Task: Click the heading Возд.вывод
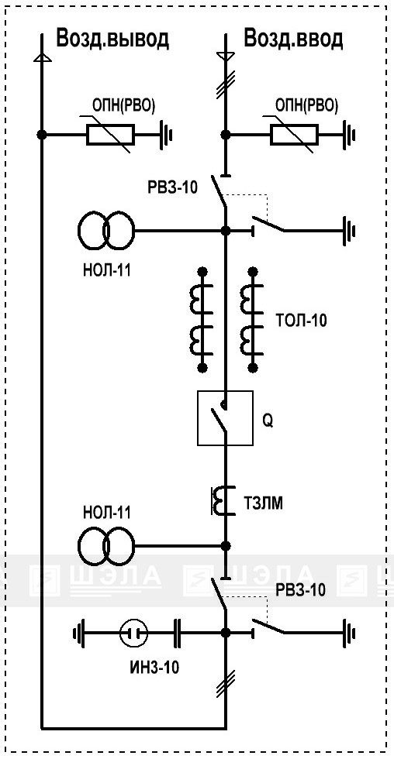112,38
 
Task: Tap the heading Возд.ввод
293,38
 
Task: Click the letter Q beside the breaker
268,421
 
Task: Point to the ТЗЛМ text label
263,504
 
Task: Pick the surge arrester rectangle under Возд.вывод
110,135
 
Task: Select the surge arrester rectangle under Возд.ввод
294,135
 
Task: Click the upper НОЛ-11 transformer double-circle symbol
105,231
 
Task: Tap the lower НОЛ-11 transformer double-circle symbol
105,546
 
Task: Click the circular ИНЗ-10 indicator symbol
133,633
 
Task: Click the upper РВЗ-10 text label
172,187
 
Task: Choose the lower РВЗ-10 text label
300,590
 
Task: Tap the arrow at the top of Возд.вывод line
42,57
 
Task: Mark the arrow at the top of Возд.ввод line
225,56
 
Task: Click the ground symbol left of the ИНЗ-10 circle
78,633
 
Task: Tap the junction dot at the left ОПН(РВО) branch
42,135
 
